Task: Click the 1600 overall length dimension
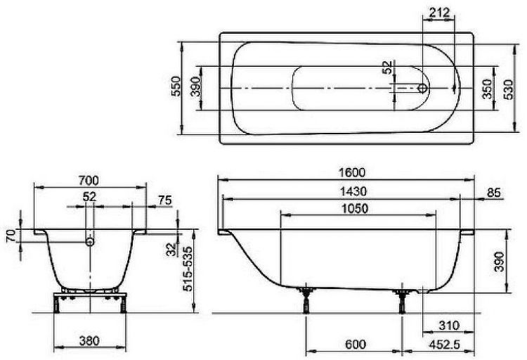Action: tap(351, 172)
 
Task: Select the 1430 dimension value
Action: tap(353, 191)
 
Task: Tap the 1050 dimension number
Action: tap(355, 209)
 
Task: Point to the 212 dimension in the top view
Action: tap(439, 13)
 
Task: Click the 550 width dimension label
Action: tap(176, 86)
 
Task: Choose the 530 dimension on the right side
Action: tap(508, 89)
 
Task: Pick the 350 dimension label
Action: tap(488, 89)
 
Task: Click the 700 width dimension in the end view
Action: tap(89, 181)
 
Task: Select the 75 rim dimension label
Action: tap(164, 200)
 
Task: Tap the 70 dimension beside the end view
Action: tap(11, 236)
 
